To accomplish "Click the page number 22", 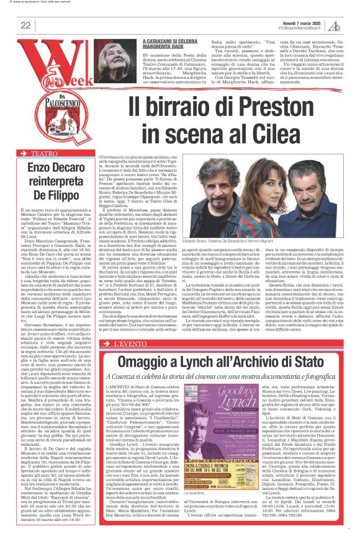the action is pos(25,25).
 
